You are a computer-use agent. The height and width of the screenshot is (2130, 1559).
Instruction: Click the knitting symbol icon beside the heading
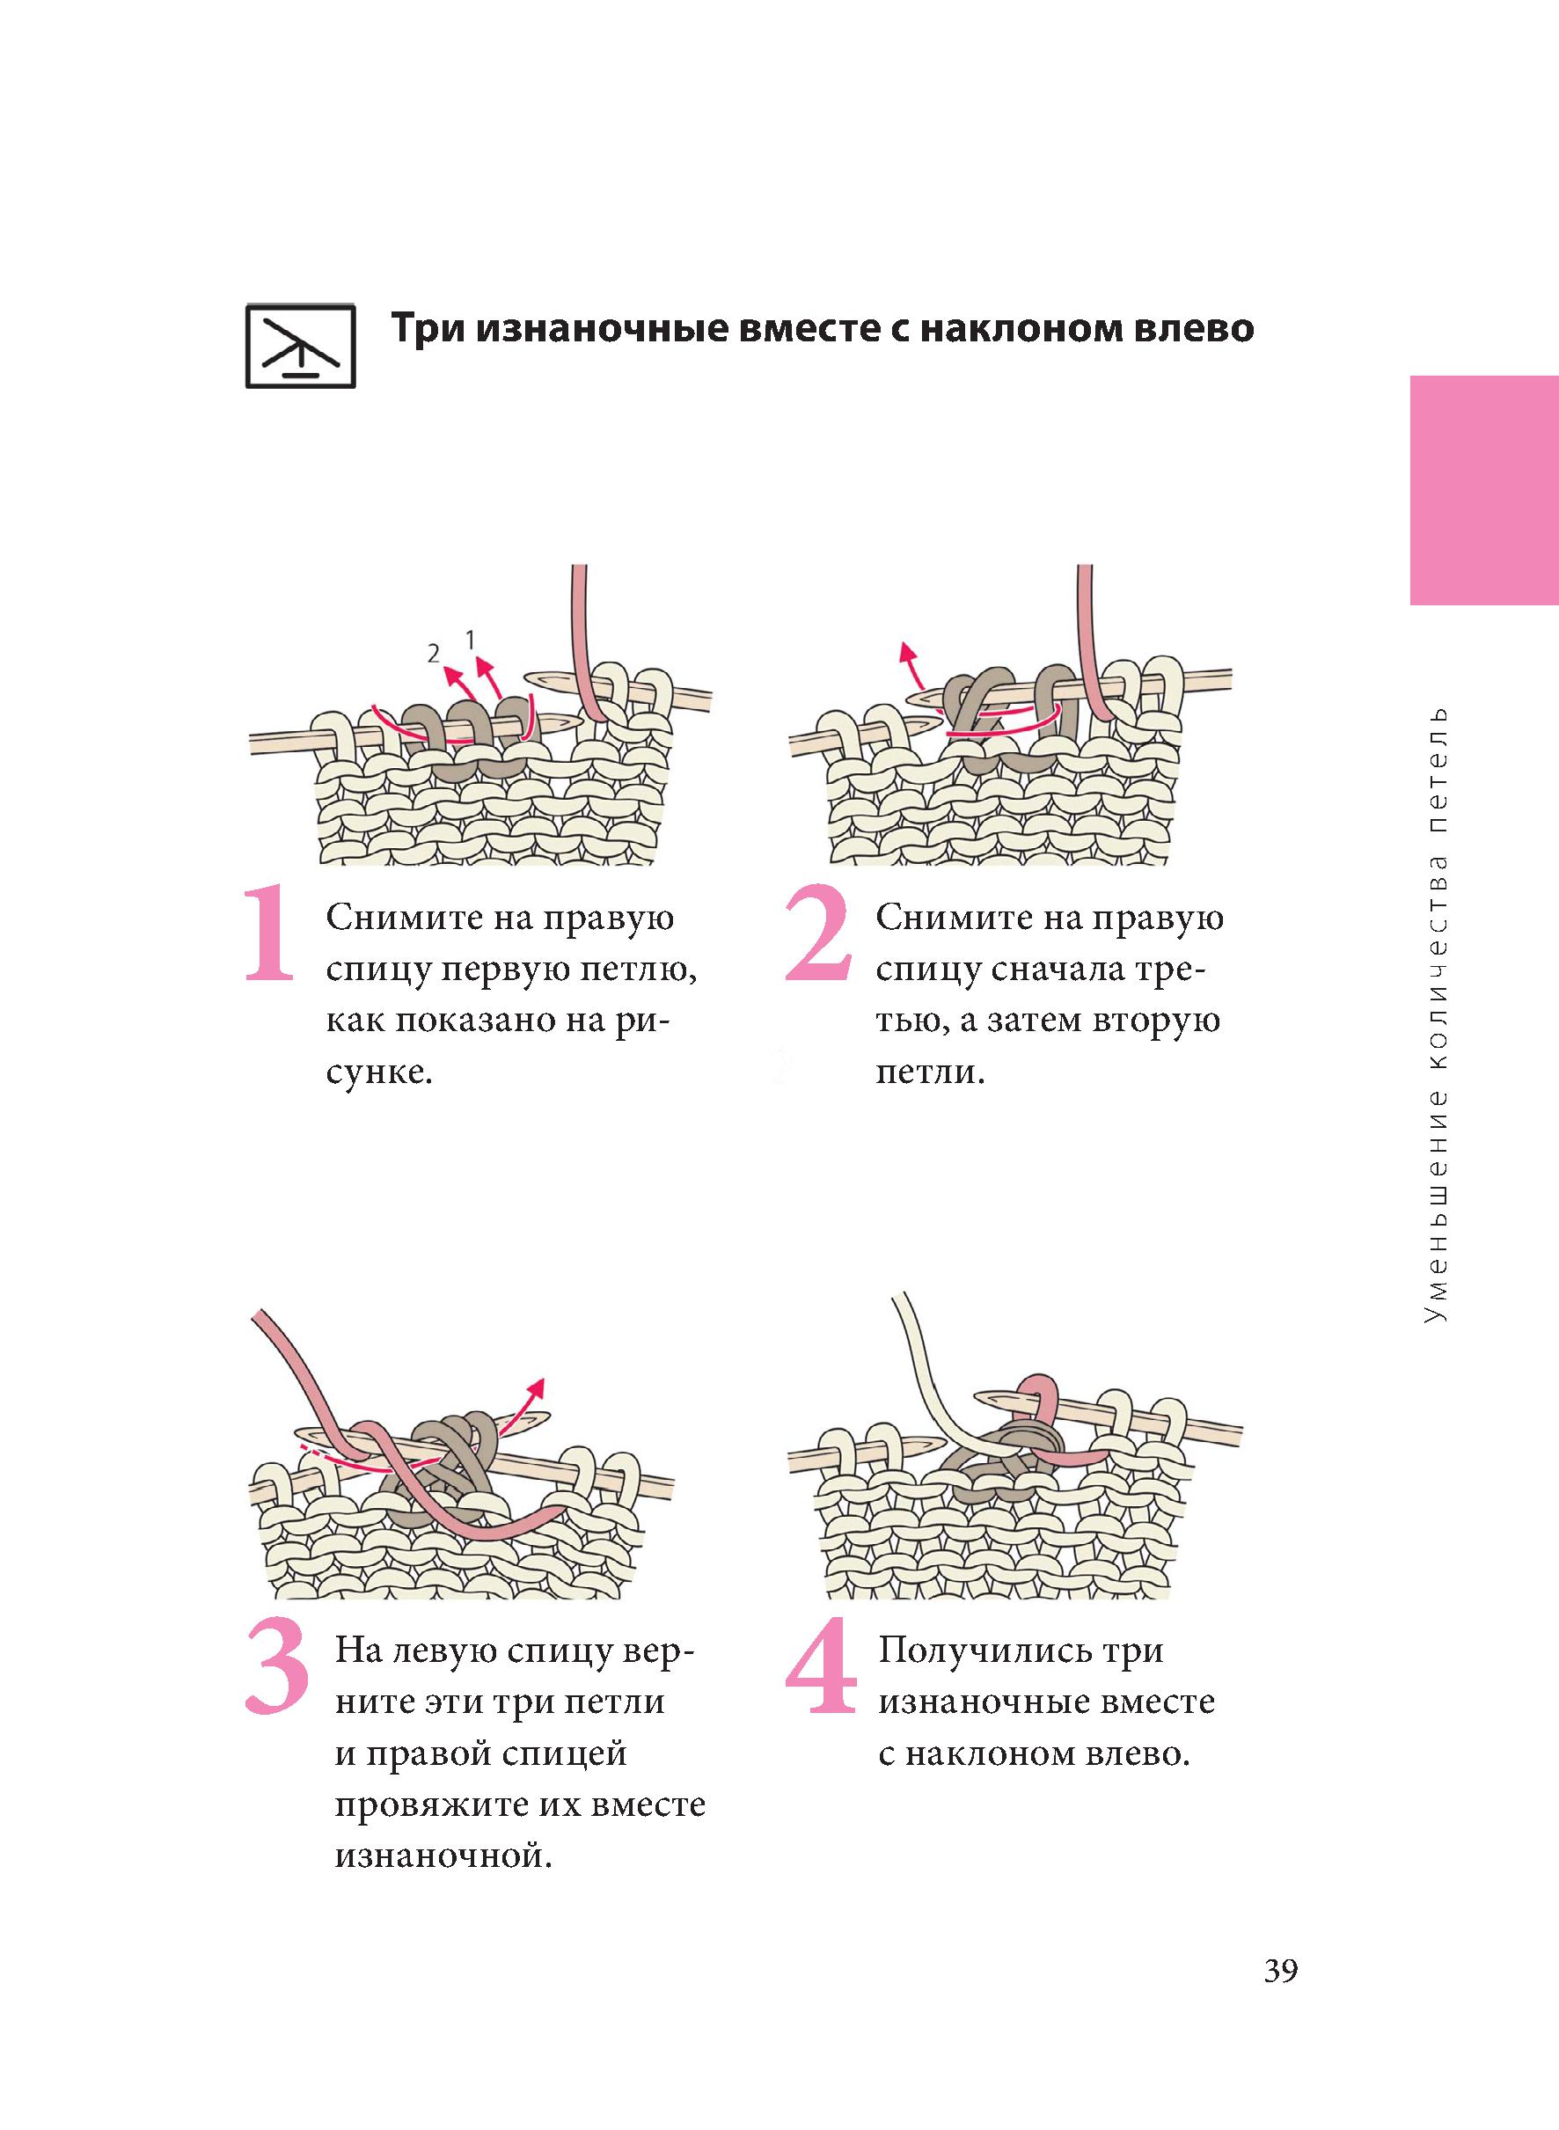point(300,347)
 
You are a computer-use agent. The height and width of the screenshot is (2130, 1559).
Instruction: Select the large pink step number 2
point(818,933)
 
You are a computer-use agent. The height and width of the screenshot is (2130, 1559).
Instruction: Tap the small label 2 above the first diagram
point(433,652)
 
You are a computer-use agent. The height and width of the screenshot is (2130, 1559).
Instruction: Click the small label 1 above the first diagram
point(470,639)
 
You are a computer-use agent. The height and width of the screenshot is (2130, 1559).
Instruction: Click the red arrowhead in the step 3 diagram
point(537,1387)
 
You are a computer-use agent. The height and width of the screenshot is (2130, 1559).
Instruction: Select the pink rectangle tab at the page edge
point(1484,490)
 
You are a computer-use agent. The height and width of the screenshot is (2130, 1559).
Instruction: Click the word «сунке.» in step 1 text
point(379,1073)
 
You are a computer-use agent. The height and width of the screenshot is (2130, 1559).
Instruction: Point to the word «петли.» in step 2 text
point(931,1073)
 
